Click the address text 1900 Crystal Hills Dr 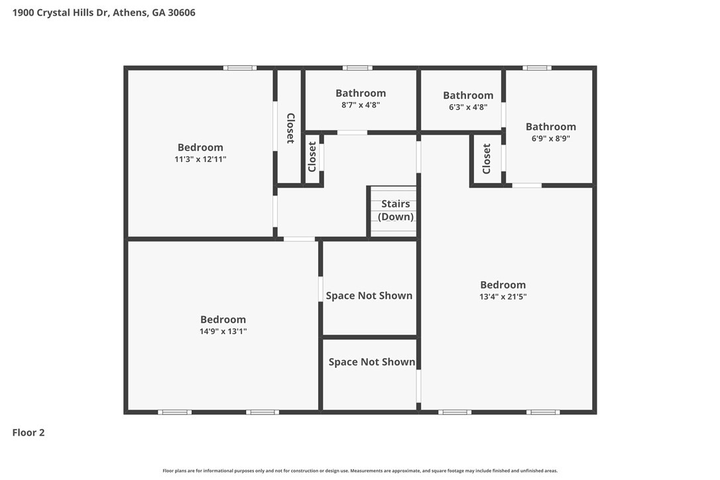pyautogui.click(x=60, y=13)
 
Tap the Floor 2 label pyautogui.click(x=29, y=432)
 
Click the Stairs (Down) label pyautogui.click(x=395, y=210)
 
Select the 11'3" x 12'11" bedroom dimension pyautogui.click(x=200, y=159)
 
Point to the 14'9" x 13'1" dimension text pyautogui.click(x=223, y=331)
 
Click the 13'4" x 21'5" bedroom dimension pyautogui.click(x=503, y=297)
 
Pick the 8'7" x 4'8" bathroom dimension pyautogui.click(x=361, y=105)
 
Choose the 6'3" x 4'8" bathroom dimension pyautogui.click(x=468, y=107)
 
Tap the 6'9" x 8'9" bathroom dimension pyautogui.click(x=550, y=139)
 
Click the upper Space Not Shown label pyautogui.click(x=369, y=295)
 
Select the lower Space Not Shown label pyautogui.click(x=371, y=362)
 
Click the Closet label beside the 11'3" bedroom pyautogui.click(x=290, y=128)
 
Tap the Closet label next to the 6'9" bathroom pyautogui.click(x=487, y=158)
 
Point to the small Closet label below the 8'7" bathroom pyautogui.click(x=312, y=156)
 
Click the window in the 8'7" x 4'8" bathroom pyautogui.click(x=357, y=68)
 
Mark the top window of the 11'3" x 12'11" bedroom pyautogui.click(x=240, y=68)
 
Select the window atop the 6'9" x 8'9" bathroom pyautogui.click(x=537, y=68)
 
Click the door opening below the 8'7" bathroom pyautogui.click(x=352, y=133)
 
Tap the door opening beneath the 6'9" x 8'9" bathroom pyautogui.click(x=526, y=186)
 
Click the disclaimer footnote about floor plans pyautogui.click(x=360, y=471)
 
